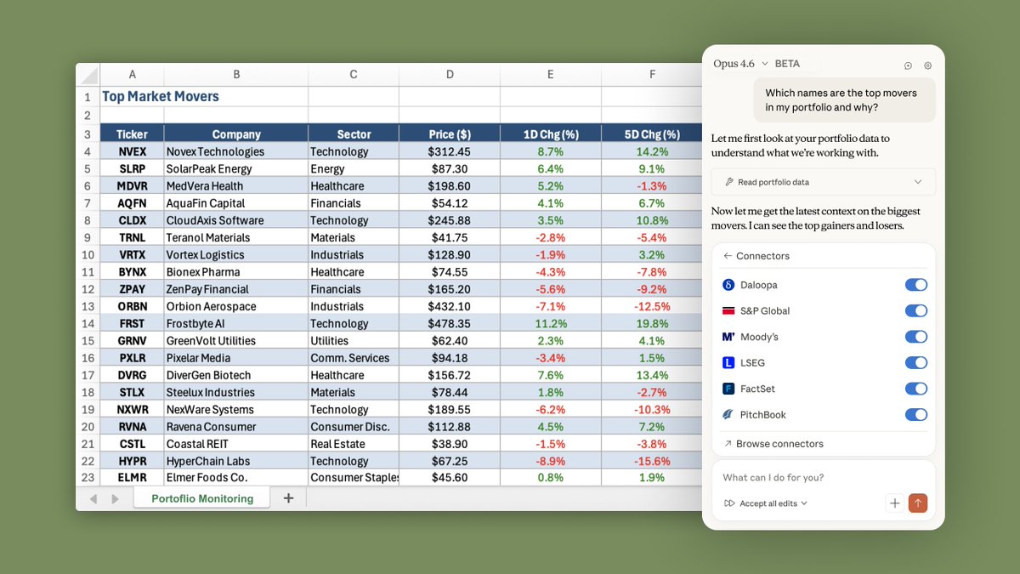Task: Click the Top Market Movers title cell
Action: [161, 97]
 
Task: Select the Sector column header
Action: [354, 134]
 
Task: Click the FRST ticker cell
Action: [132, 324]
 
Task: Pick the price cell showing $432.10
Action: [450, 307]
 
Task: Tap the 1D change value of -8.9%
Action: [550, 461]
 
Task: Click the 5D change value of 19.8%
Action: [652, 324]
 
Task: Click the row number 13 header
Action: [88, 307]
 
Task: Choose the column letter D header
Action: [450, 75]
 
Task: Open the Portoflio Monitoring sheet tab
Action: [202, 498]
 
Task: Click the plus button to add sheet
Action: [288, 498]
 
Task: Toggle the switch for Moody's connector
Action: [915, 337]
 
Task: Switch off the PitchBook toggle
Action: [915, 415]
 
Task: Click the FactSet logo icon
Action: [728, 389]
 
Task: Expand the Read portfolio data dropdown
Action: [917, 182]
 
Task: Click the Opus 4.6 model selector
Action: [740, 64]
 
